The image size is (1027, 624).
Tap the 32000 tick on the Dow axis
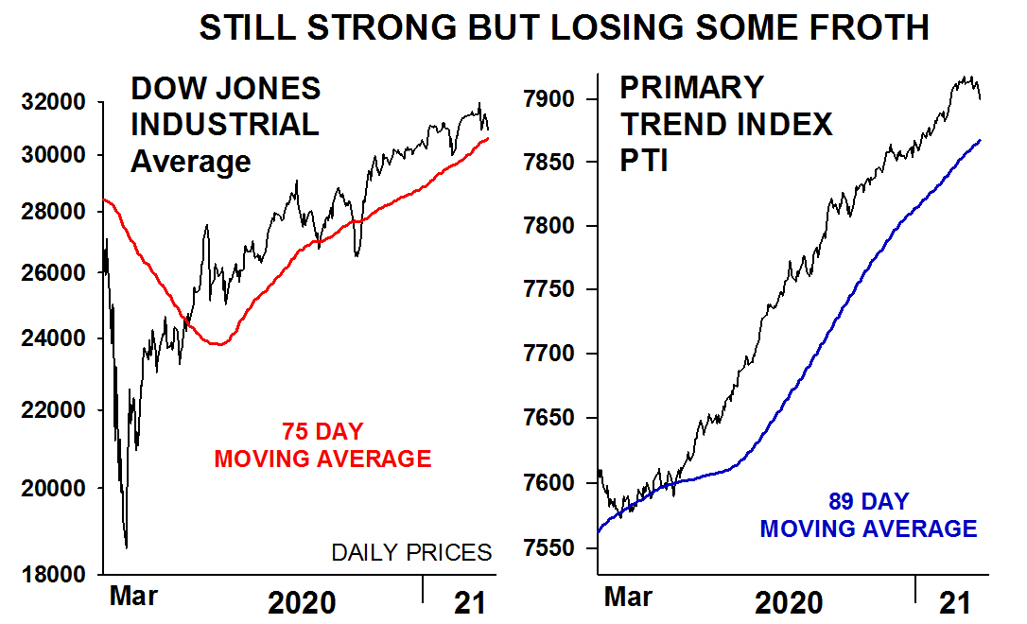pyautogui.click(x=54, y=101)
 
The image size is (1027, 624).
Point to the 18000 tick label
pyautogui.click(x=54, y=574)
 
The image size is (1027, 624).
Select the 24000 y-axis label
pyautogui.click(x=54, y=338)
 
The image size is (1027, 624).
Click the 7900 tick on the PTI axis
pyautogui.click(x=551, y=99)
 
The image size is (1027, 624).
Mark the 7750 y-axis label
pyautogui.click(x=551, y=289)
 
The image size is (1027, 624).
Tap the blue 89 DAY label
pyautogui.click(x=868, y=502)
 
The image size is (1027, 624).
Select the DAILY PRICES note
pyautogui.click(x=411, y=552)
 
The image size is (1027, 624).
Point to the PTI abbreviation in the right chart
pyautogui.click(x=645, y=161)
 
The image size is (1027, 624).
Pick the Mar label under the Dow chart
pyautogui.click(x=134, y=597)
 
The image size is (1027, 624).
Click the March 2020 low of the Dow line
pyautogui.click(x=126, y=546)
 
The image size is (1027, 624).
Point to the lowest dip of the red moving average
pyautogui.click(x=219, y=344)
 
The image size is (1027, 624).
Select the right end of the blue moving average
pyautogui.click(x=981, y=140)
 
